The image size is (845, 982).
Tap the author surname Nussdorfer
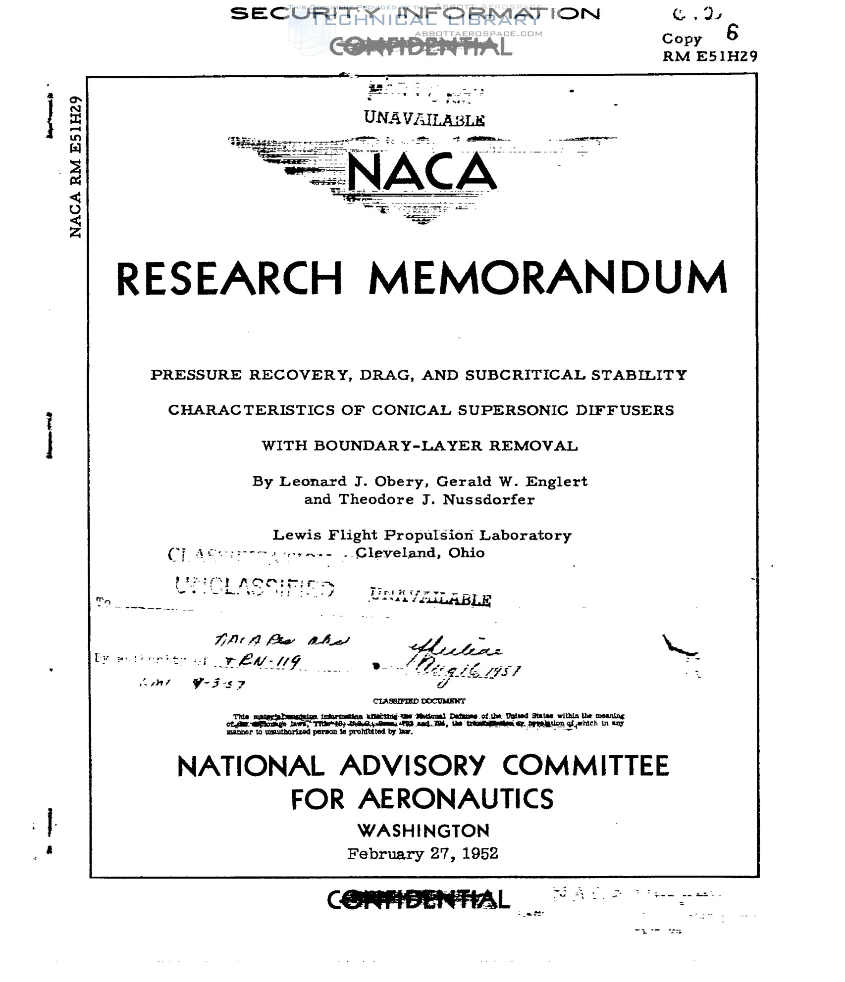click(x=488, y=499)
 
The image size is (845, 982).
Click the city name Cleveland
click(x=398, y=553)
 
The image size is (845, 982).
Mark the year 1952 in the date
click(x=479, y=854)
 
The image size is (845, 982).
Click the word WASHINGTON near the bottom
click(x=423, y=831)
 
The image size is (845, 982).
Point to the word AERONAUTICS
click(x=456, y=799)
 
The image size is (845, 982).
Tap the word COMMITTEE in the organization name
click(x=585, y=766)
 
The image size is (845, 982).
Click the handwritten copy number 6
click(x=732, y=33)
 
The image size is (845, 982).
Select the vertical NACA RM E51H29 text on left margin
click(x=75, y=167)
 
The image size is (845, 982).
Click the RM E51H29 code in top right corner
click(x=710, y=56)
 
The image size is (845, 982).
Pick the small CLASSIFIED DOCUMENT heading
click(x=419, y=701)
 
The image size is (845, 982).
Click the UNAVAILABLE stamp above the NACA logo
click(x=424, y=119)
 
